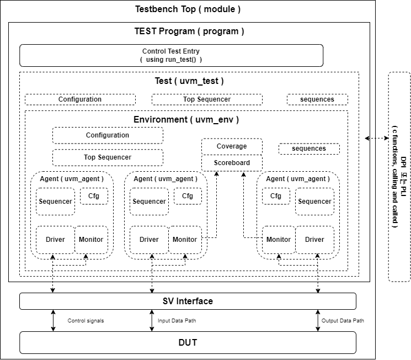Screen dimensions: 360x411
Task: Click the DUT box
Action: click(188, 343)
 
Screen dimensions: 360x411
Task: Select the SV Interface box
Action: click(188, 301)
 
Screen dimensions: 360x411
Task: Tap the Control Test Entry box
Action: click(171, 55)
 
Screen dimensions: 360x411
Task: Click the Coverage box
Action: click(232, 146)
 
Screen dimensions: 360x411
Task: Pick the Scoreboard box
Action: click(232, 163)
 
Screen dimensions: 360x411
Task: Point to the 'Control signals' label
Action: click(86, 321)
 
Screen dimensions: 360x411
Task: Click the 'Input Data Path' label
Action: click(177, 321)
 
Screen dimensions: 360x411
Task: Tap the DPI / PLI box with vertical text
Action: click(399, 177)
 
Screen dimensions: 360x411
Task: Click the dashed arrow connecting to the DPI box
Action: click(377, 139)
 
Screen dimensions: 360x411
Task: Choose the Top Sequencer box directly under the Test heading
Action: click(207, 99)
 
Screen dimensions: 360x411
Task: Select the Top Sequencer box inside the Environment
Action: click(108, 157)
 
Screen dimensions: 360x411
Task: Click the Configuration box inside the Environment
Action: click(108, 135)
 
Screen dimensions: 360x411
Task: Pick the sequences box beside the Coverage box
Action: click(309, 149)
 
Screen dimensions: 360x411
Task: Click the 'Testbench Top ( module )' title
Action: click(188, 9)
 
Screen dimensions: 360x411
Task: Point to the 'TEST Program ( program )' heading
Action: click(189, 31)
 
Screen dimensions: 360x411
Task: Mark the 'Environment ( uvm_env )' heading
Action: click(186, 119)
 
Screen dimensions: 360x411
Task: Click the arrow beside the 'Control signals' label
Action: click(54, 321)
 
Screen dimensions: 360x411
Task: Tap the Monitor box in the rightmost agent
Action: click(279, 240)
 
